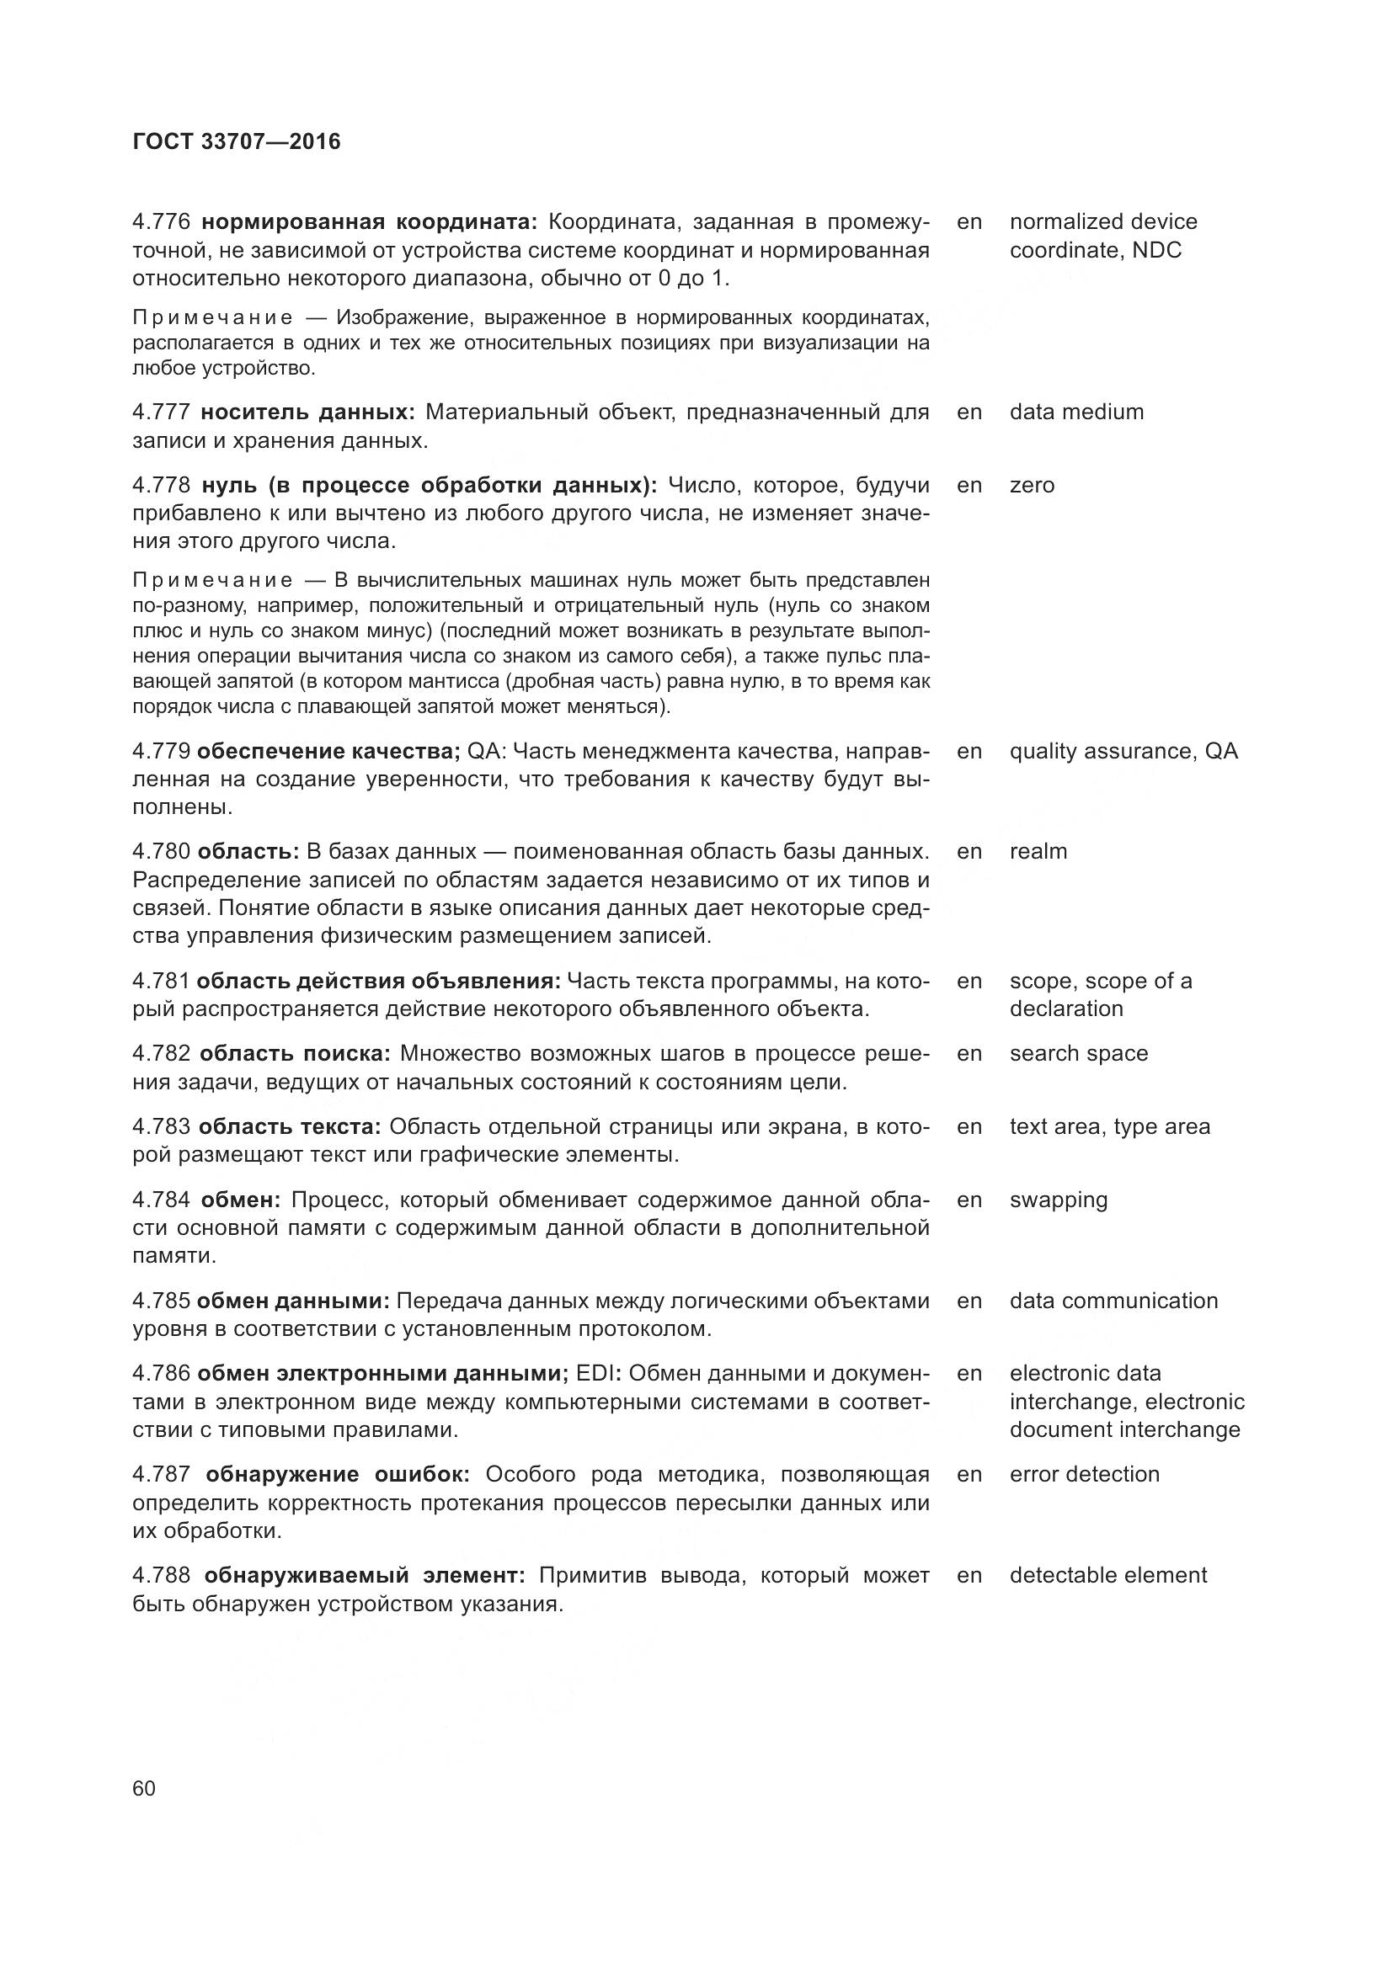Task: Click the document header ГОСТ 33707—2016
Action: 237,142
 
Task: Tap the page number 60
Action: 144,1788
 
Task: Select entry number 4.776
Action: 161,222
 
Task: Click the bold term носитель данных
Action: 308,412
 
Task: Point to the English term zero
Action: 1032,486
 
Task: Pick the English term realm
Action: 1038,852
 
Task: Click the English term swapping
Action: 1059,1200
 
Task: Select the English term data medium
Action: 1076,412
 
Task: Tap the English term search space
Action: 1078,1053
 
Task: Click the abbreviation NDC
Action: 1156,250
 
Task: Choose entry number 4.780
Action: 161,852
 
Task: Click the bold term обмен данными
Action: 293,1301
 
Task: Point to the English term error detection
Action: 1084,1474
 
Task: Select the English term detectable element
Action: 1108,1575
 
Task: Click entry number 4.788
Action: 161,1575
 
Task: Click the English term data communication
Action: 1113,1301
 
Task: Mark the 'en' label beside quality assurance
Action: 969,751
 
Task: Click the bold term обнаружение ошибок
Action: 337,1474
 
